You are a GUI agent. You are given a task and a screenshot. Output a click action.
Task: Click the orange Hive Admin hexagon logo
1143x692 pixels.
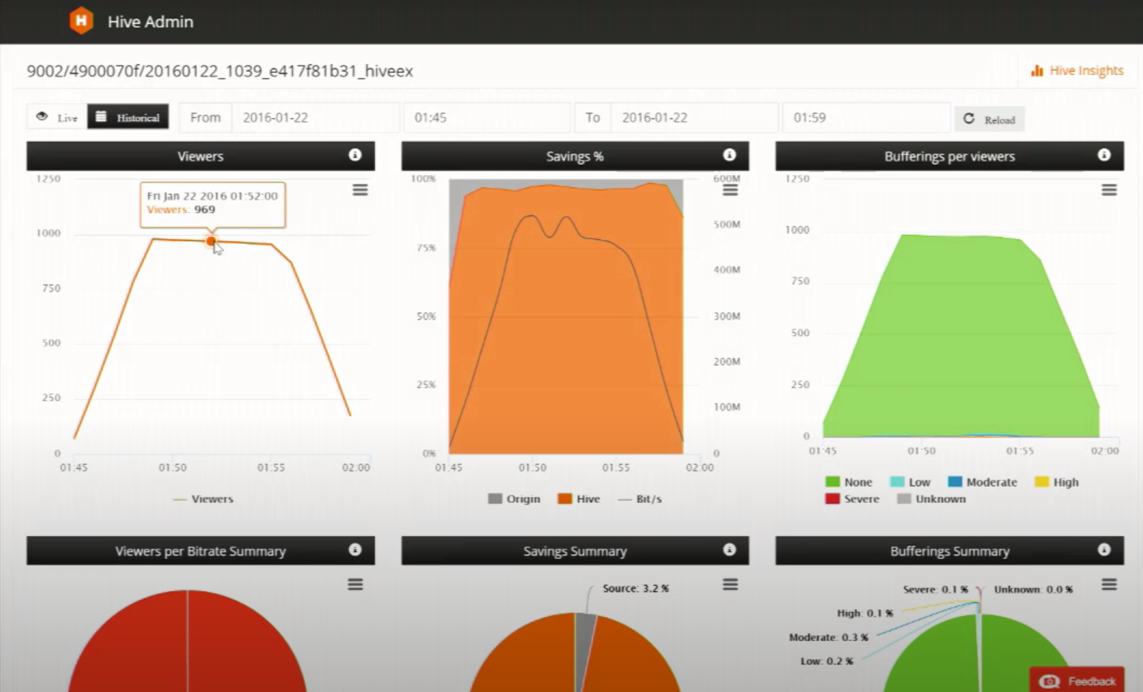[x=81, y=21]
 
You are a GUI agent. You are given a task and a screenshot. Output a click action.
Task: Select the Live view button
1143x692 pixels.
[x=57, y=117]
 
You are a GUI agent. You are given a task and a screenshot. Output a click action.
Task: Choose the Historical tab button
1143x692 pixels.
[x=128, y=117]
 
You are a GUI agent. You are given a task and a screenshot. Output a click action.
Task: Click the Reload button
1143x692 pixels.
[x=990, y=120]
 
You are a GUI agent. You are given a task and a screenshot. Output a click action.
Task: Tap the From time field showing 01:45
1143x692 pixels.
[x=487, y=117]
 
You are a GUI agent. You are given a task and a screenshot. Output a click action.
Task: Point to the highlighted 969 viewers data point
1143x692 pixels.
[x=211, y=241]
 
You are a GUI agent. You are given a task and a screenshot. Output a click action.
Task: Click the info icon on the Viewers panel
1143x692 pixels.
[x=355, y=155]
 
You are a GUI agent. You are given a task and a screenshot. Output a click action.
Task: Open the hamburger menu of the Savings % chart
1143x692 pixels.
[x=730, y=190]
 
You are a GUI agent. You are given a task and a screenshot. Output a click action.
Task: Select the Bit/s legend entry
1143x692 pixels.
[x=640, y=498]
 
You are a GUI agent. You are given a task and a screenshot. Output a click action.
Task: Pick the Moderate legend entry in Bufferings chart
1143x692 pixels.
[x=982, y=482]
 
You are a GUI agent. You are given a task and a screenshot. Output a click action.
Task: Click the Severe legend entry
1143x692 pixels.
[x=852, y=498]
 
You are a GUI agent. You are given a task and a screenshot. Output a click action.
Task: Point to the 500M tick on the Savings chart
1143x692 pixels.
[x=726, y=224]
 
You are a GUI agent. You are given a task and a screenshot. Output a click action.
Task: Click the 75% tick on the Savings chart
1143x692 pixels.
[x=426, y=248]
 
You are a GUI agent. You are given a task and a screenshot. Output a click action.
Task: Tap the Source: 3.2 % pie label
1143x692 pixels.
[x=636, y=588]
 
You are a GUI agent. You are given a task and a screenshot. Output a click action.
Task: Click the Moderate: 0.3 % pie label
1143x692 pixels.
[x=828, y=637]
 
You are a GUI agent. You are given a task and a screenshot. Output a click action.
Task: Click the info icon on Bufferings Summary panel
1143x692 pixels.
[x=1104, y=549]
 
